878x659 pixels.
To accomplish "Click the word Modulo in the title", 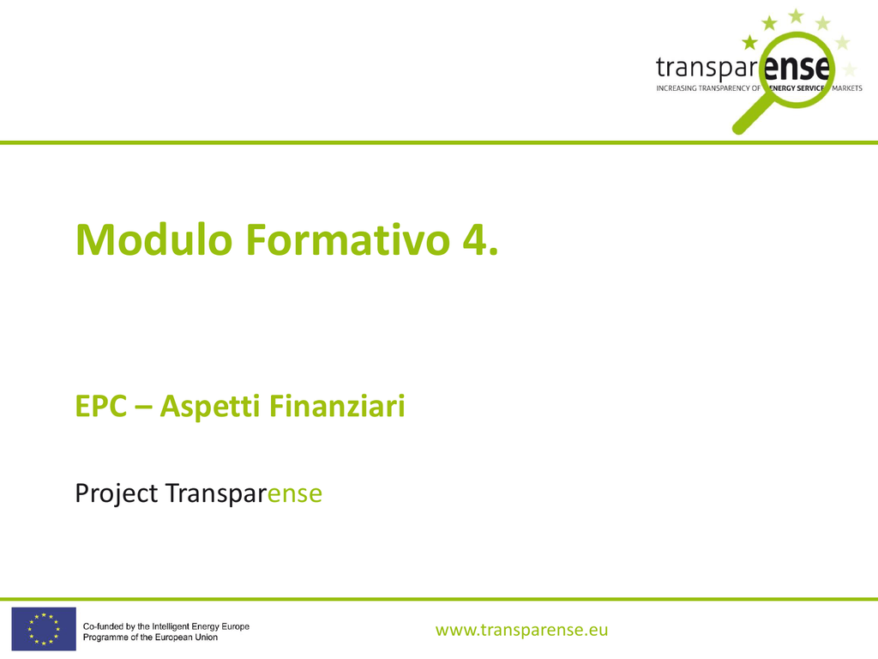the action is point(154,240).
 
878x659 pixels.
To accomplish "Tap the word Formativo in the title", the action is point(348,240).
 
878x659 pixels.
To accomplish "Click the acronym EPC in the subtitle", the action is point(101,406).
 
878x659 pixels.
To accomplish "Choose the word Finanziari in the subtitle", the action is point(337,406).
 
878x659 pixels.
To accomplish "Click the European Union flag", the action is point(44,629).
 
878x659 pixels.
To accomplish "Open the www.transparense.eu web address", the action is point(522,630).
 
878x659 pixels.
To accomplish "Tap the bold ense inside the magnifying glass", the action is point(797,69).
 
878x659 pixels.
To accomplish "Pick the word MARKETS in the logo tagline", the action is point(847,88).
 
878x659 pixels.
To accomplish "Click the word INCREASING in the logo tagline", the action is point(677,88).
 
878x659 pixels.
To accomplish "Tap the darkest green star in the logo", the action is point(749,42).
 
